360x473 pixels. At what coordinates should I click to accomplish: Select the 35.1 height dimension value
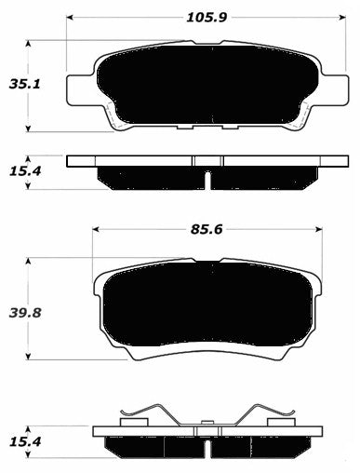pyautogui.click(x=17, y=85)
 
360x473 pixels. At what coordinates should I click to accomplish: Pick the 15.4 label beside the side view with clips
pyautogui.click(x=17, y=442)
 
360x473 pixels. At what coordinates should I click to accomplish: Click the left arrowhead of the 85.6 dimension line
pyautogui.click(x=94, y=229)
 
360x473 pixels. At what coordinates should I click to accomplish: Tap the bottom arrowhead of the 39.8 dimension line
pyautogui.click(x=32, y=359)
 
